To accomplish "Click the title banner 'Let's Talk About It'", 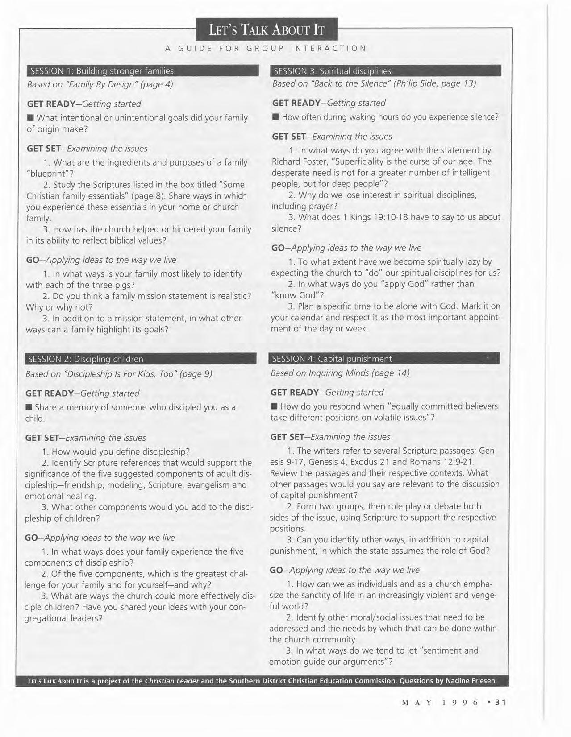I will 266,30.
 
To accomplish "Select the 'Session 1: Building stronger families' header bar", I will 143,71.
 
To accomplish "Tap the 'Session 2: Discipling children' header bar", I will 141,359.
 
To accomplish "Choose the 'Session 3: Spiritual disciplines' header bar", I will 386,71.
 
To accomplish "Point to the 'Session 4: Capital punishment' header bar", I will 384,359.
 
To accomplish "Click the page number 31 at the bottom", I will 500,702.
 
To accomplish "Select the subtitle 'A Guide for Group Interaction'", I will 266,48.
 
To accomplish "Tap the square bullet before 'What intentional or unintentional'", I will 30,118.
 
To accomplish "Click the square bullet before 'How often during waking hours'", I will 275,117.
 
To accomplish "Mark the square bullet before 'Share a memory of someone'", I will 29,407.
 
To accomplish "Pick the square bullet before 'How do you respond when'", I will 274,406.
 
